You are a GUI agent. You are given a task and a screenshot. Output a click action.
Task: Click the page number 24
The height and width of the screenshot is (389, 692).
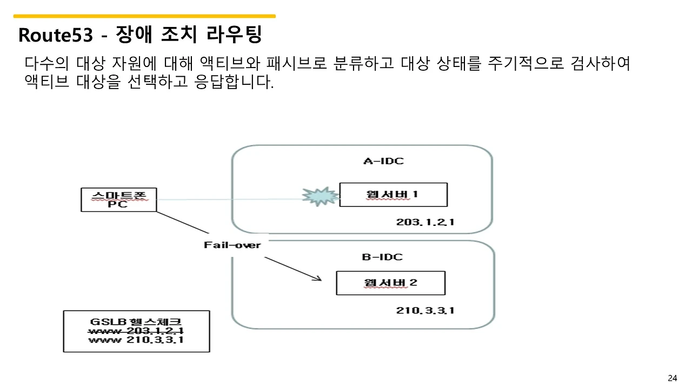[673, 378]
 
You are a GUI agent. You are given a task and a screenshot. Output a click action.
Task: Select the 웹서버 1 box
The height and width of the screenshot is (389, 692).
[393, 194]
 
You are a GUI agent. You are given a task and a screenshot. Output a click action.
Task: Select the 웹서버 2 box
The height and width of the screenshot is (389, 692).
[390, 283]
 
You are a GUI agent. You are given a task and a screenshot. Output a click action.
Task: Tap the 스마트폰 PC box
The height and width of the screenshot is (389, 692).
[118, 199]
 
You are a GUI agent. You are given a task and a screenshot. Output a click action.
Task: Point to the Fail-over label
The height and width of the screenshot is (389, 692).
[232, 245]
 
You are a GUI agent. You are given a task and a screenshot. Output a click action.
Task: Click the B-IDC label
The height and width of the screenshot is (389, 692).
[382, 257]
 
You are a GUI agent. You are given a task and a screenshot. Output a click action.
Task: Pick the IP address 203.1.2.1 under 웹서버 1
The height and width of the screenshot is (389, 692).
[425, 222]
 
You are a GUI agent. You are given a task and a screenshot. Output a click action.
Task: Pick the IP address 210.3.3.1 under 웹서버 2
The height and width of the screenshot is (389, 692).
[425, 310]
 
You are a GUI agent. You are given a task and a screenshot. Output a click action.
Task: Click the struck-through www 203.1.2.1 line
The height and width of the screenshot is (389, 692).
[136, 331]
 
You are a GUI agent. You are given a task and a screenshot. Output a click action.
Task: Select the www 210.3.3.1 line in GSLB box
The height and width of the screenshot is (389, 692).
[136, 340]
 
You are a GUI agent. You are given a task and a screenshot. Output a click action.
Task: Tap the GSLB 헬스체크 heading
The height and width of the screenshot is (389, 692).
[136, 321]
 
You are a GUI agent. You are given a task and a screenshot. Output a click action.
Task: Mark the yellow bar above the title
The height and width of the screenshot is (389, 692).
[144, 16]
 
